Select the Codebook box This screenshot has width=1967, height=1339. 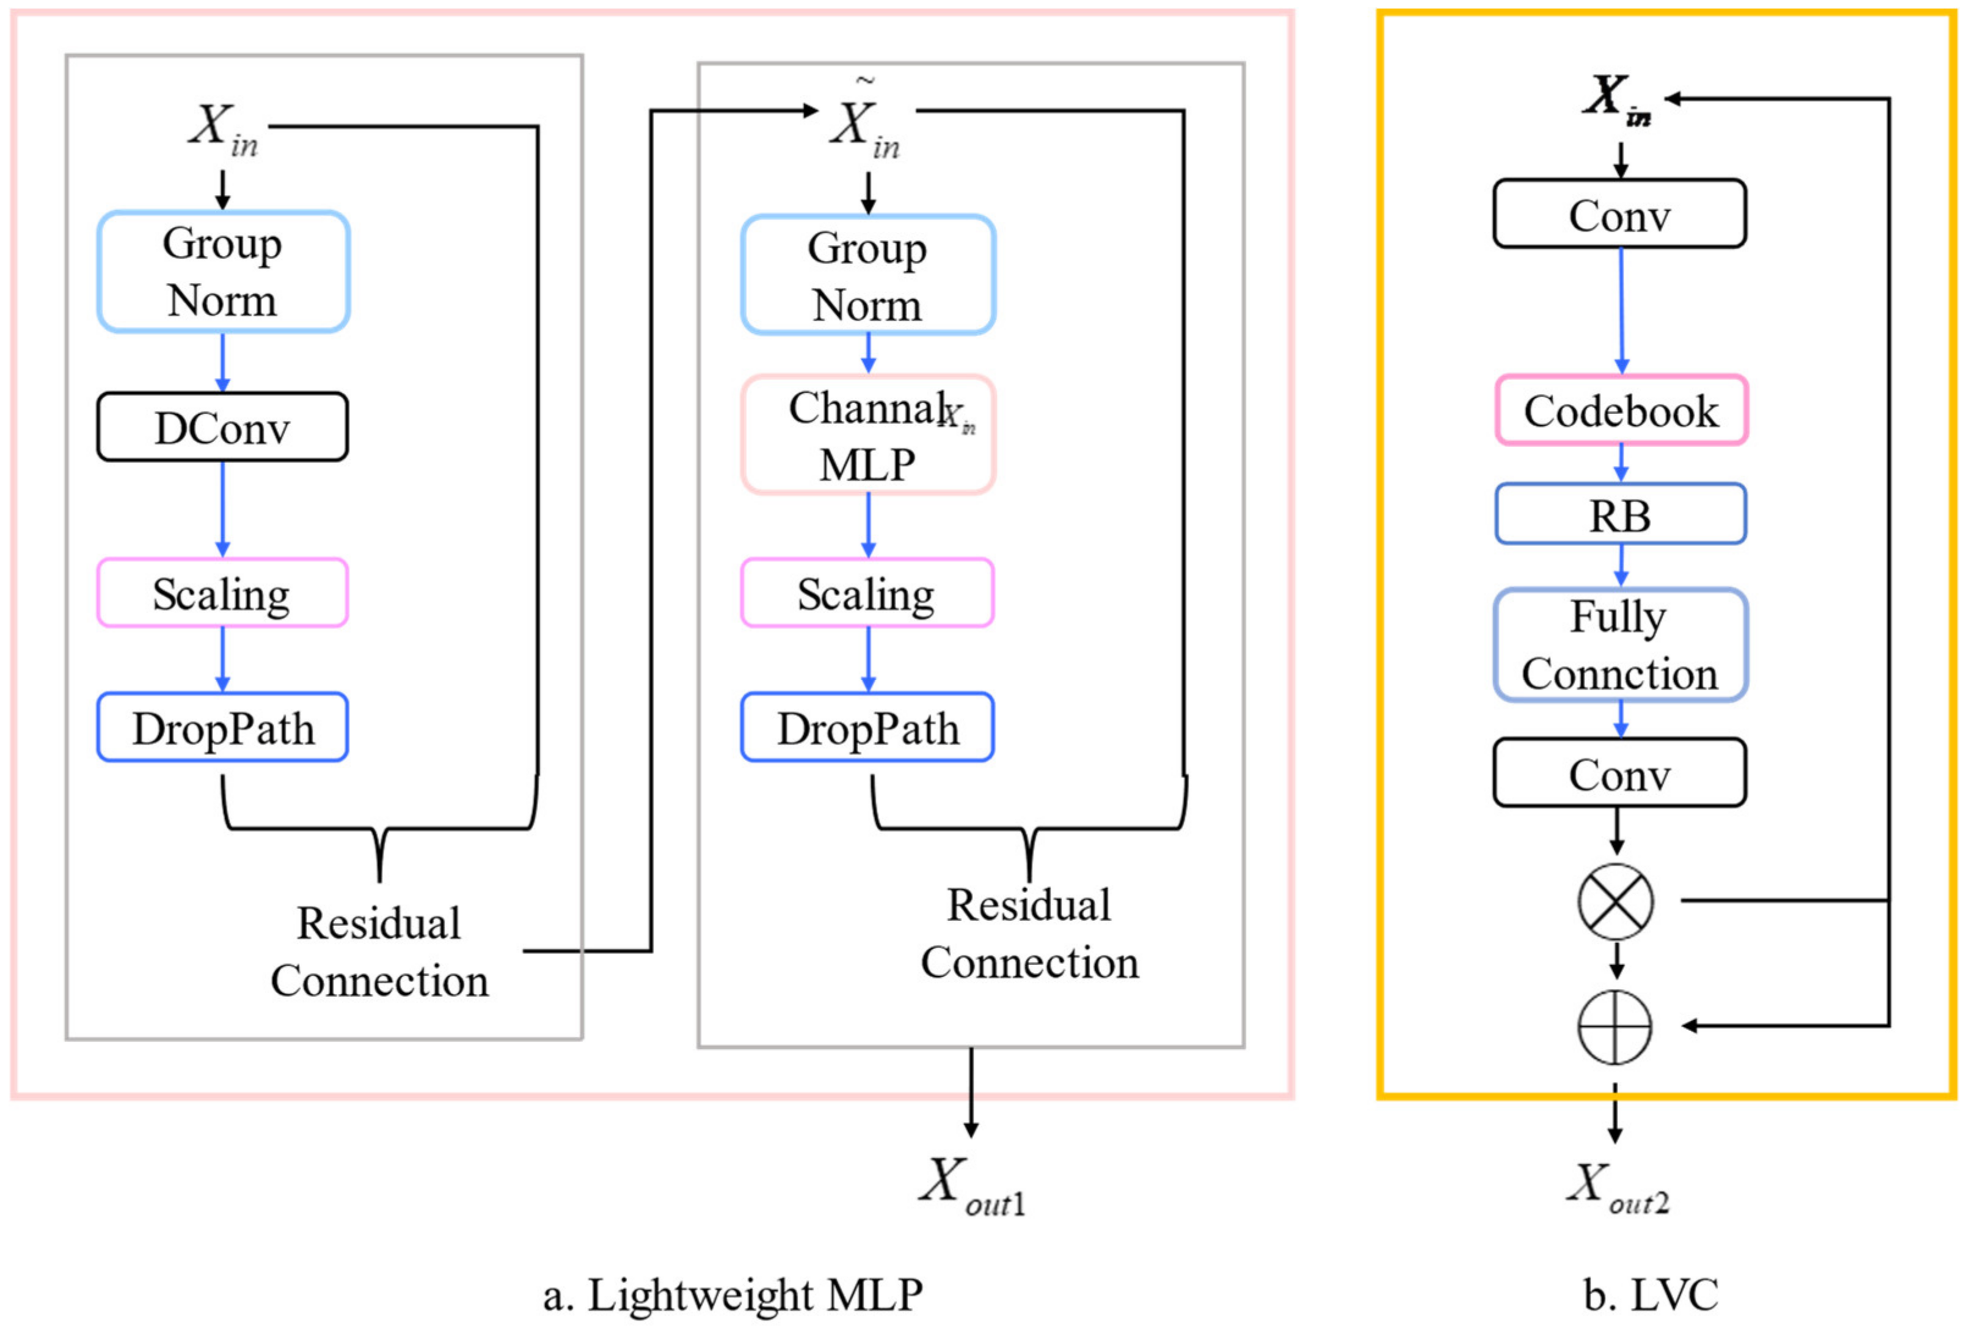pos(1620,410)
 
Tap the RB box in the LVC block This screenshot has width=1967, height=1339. pos(1620,514)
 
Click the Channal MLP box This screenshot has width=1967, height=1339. pos(867,434)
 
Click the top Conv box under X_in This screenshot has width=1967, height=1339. pos(1619,214)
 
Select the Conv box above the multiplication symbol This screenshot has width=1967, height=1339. pos(1619,773)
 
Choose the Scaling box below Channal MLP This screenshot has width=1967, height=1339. pos(867,593)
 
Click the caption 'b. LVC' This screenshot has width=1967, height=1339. pos(1651,1294)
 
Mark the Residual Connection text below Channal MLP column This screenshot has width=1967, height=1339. pos(1029,933)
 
